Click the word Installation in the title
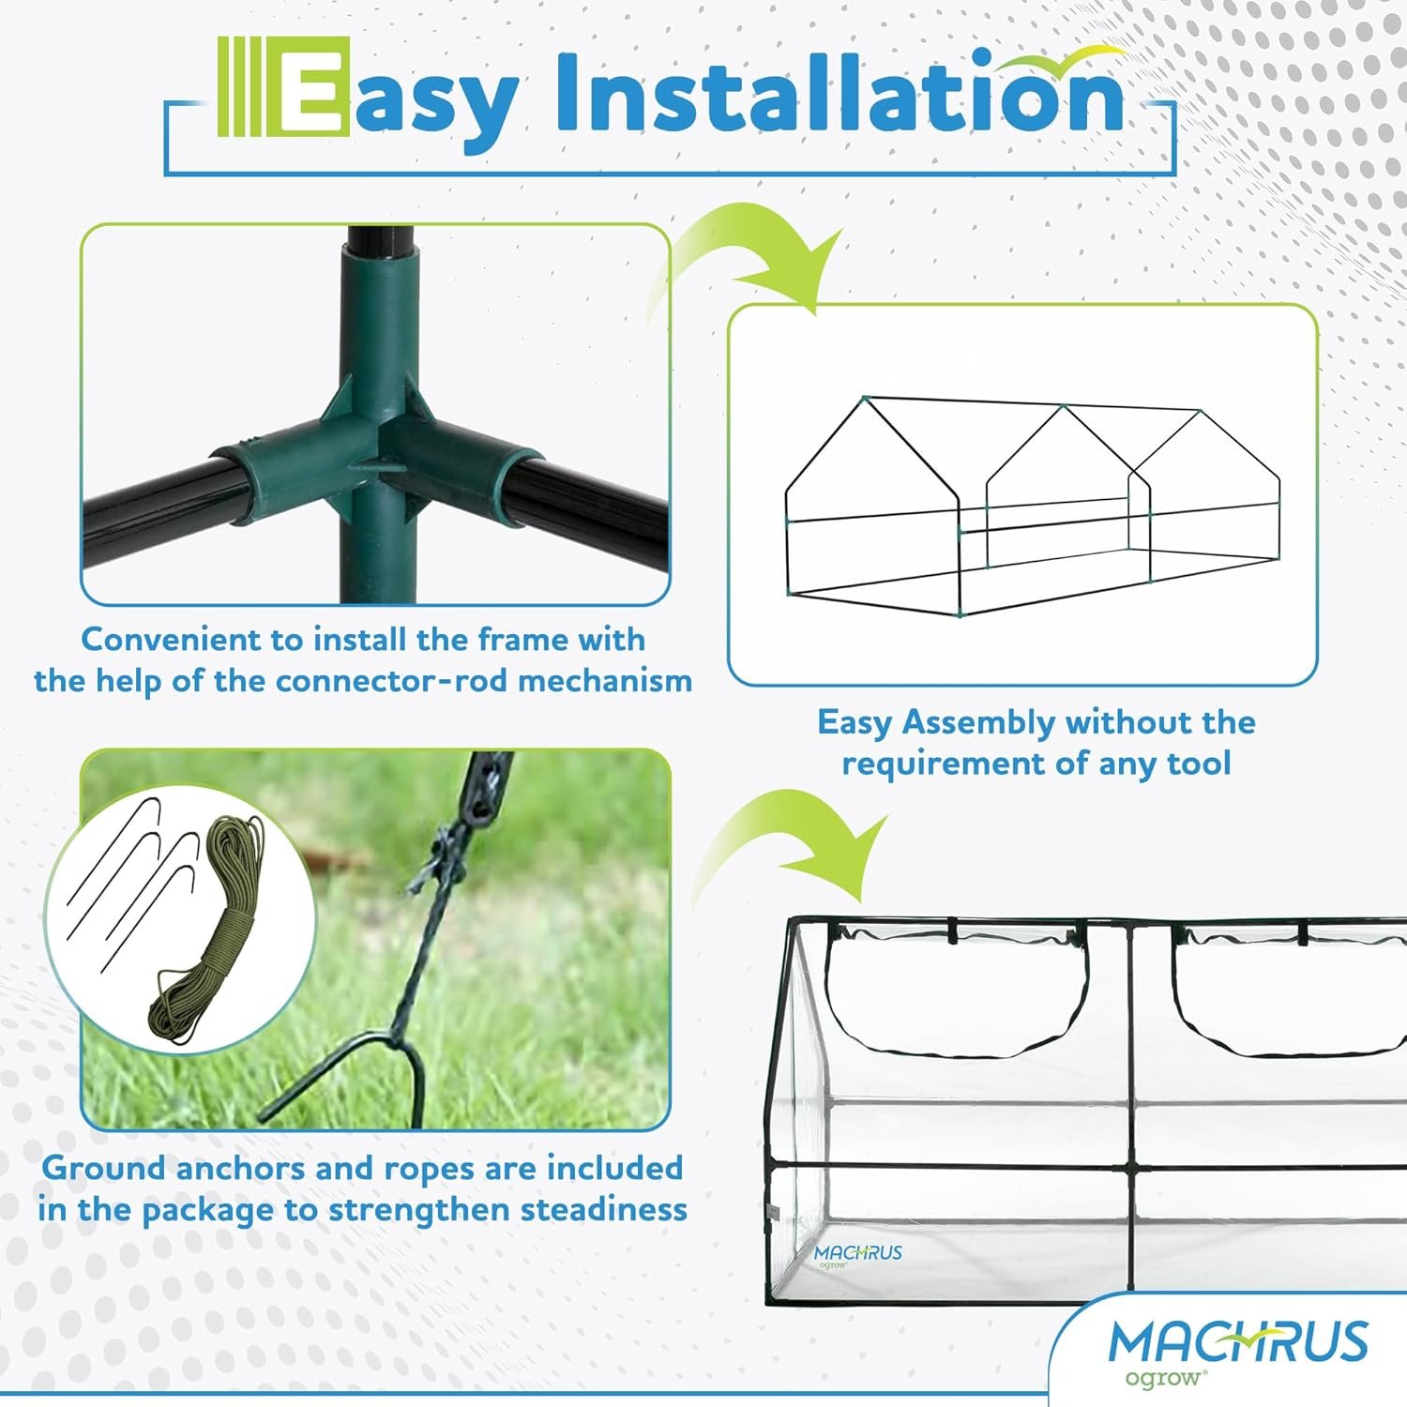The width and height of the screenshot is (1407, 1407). pyautogui.click(x=840, y=92)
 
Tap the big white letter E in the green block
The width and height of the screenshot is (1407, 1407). pyautogui.click(x=309, y=87)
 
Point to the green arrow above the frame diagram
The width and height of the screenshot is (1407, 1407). pyautogui.click(x=750, y=263)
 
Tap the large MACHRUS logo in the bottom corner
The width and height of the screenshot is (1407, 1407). pyautogui.click(x=1238, y=1342)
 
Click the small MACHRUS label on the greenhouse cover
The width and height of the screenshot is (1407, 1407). pyautogui.click(x=857, y=1253)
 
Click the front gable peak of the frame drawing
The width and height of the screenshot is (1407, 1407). pyautogui.click(x=865, y=398)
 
